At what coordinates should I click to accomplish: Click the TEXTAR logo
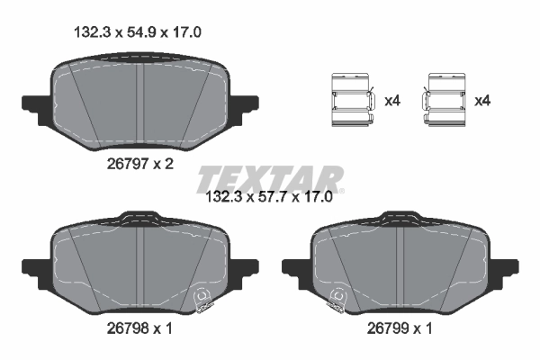270,177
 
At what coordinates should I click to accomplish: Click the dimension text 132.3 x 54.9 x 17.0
136,31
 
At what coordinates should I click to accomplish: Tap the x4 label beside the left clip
391,101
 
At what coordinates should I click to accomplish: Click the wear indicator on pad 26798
203,294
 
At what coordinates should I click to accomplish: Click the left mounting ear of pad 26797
33,103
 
